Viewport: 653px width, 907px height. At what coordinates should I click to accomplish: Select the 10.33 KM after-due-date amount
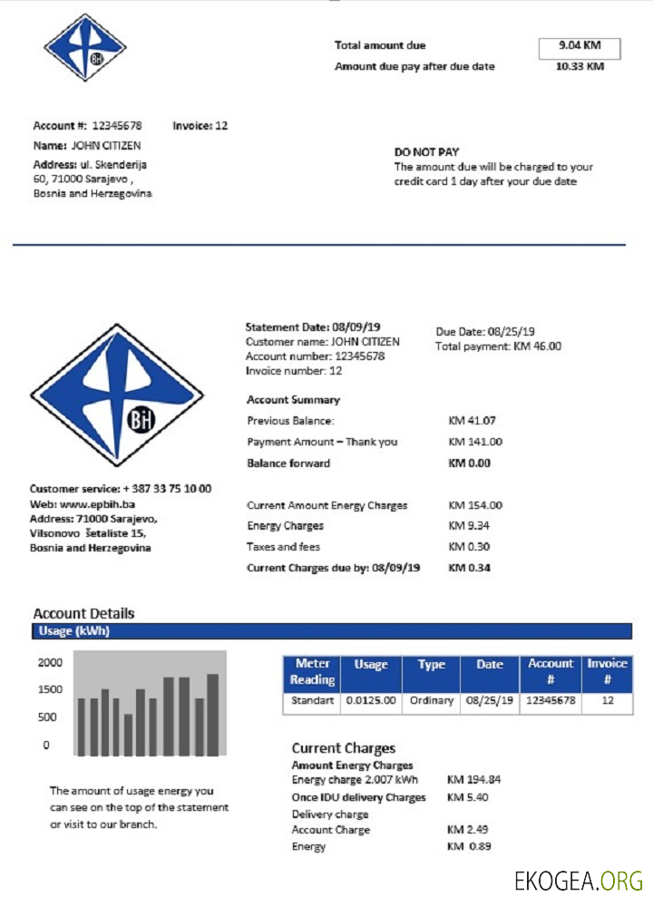(579, 66)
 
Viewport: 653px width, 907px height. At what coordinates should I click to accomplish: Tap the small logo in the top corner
(85, 48)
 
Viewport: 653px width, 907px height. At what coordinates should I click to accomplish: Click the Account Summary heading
(293, 400)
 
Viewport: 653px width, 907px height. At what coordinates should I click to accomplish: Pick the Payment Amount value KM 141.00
(475, 442)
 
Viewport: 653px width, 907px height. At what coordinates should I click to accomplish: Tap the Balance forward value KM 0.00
(469, 463)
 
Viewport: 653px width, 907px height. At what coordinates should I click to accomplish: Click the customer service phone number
(167, 489)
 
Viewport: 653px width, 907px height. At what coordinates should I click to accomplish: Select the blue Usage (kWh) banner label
(73, 631)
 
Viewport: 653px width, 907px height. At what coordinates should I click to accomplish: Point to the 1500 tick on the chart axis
(50, 689)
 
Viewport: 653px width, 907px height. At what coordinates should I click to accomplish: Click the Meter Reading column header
(313, 671)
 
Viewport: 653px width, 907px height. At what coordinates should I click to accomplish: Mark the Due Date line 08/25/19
(485, 332)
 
